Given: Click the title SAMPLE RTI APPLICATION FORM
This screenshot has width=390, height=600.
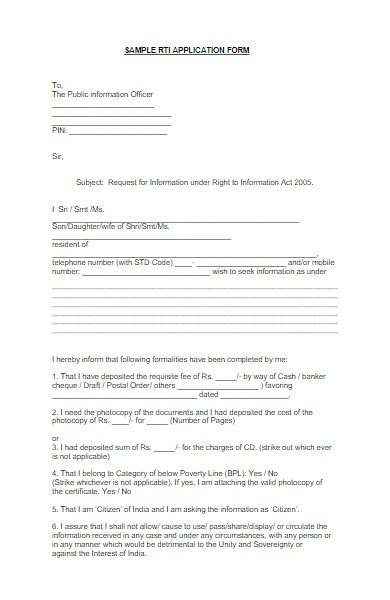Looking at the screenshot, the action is pyautogui.click(x=187, y=49).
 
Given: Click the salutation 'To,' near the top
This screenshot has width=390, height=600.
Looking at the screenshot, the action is pyautogui.click(x=57, y=85).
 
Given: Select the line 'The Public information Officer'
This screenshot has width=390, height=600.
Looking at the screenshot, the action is pyautogui.click(x=102, y=95).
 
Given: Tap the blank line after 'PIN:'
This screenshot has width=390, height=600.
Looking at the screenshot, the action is pyautogui.click(x=118, y=131).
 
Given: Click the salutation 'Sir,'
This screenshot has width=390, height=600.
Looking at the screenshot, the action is pyautogui.click(x=57, y=156).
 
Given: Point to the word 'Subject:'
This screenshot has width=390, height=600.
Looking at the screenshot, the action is pyautogui.click(x=91, y=182).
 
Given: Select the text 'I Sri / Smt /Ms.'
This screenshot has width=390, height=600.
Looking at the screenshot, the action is pyautogui.click(x=77, y=209).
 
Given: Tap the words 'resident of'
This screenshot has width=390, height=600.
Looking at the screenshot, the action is pyautogui.click(x=70, y=244).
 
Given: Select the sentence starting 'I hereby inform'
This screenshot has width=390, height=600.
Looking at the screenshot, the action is pyautogui.click(x=170, y=358).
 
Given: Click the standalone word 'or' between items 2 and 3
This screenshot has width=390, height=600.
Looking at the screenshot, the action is pyautogui.click(x=55, y=438).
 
